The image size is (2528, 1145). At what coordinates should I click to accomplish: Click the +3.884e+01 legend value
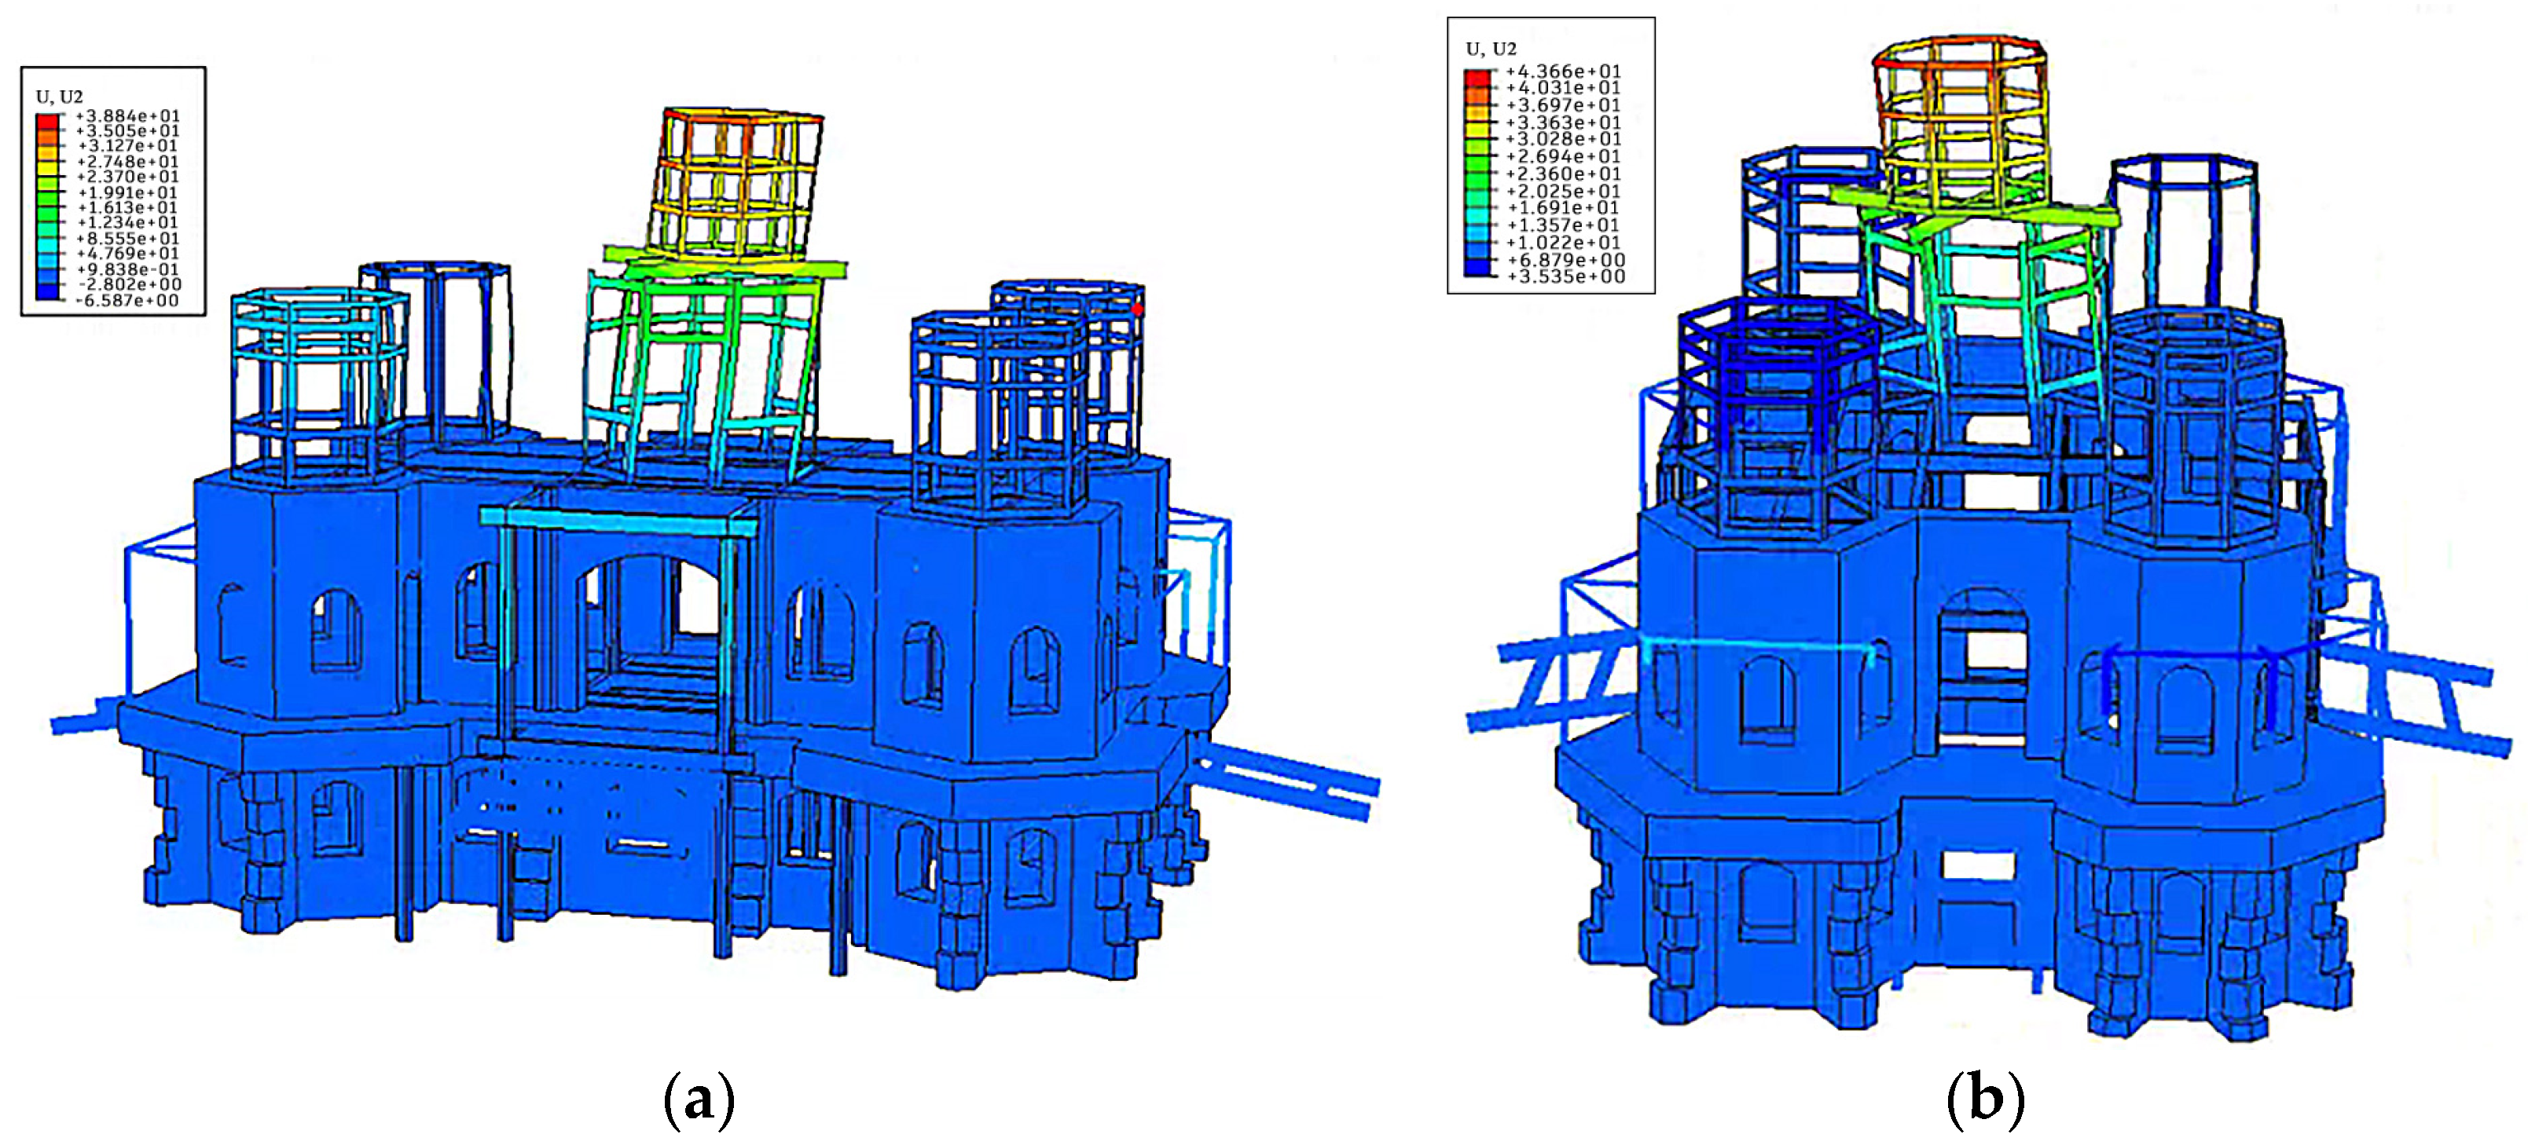pyautogui.click(x=127, y=115)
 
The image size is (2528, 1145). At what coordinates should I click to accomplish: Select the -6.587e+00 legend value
pyautogui.click(x=127, y=300)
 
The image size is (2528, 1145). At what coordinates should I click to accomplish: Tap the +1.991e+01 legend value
pyautogui.click(x=127, y=192)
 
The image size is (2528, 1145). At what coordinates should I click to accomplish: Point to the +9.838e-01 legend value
pyautogui.click(x=127, y=269)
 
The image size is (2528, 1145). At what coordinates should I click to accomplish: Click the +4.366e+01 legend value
pyautogui.click(x=1563, y=71)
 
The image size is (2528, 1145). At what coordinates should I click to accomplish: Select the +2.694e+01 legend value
pyautogui.click(x=1563, y=156)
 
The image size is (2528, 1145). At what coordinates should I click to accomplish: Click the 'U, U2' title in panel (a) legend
pyautogui.click(x=59, y=96)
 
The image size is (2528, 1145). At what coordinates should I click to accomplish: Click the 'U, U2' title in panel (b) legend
pyautogui.click(x=1491, y=48)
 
